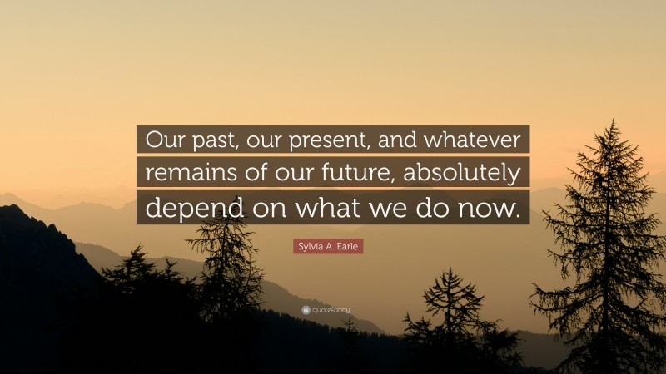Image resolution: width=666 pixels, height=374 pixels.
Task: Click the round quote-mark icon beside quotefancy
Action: (306, 310)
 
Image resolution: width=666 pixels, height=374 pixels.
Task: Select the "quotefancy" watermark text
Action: (331, 310)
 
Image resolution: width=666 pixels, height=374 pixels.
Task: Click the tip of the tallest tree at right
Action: (612, 121)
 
